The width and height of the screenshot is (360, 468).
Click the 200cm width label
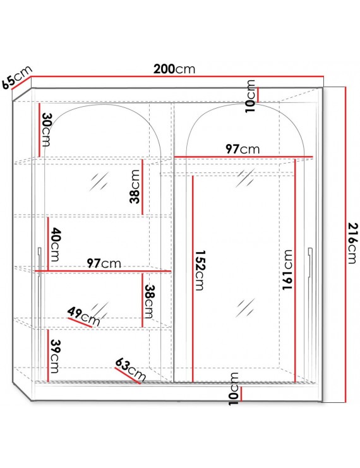tap(174, 69)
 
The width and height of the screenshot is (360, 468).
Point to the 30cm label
tap(46, 129)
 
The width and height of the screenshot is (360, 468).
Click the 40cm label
tap(55, 244)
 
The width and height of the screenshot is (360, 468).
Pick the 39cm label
tap(54, 356)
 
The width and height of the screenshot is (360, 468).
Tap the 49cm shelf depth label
tap(83, 316)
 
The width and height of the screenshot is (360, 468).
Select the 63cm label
tap(131, 369)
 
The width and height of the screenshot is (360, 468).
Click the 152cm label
tap(200, 270)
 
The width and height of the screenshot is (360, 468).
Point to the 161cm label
tap(287, 270)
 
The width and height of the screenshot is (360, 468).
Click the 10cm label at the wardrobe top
tap(250, 96)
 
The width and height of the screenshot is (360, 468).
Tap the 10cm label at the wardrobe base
tap(234, 388)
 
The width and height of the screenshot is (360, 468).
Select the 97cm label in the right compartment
tap(243, 149)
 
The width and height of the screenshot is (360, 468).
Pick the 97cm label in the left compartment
tap(104, 263)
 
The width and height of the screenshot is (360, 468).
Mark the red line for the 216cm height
tap(345, 245)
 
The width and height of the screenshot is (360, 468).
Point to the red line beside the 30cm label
tap(39, 130)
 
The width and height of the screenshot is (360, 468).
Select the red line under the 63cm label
tap(128, 376)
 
